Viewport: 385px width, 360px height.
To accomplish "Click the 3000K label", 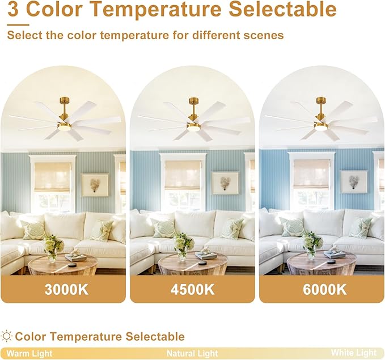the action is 66,289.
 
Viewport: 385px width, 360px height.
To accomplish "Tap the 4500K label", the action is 193,289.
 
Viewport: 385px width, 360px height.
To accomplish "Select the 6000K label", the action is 324,289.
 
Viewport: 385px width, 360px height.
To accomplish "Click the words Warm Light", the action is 29,354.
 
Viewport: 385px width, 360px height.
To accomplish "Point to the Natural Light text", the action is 192,353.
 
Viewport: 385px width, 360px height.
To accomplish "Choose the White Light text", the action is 354,353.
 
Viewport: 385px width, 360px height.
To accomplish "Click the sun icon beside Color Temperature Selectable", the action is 6,336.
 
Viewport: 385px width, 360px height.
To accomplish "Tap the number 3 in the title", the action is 13,9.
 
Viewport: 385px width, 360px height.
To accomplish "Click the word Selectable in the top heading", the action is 282,9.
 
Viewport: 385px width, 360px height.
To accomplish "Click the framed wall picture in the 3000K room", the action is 95,185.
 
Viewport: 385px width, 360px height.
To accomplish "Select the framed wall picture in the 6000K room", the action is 354,182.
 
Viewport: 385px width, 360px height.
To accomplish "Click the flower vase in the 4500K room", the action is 183,246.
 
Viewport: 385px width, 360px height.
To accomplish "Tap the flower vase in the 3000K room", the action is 53,248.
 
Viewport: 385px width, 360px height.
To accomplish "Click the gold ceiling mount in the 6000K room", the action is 321,100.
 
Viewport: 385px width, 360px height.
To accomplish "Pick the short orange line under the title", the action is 18,24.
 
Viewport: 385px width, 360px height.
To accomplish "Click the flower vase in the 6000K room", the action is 312,246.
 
